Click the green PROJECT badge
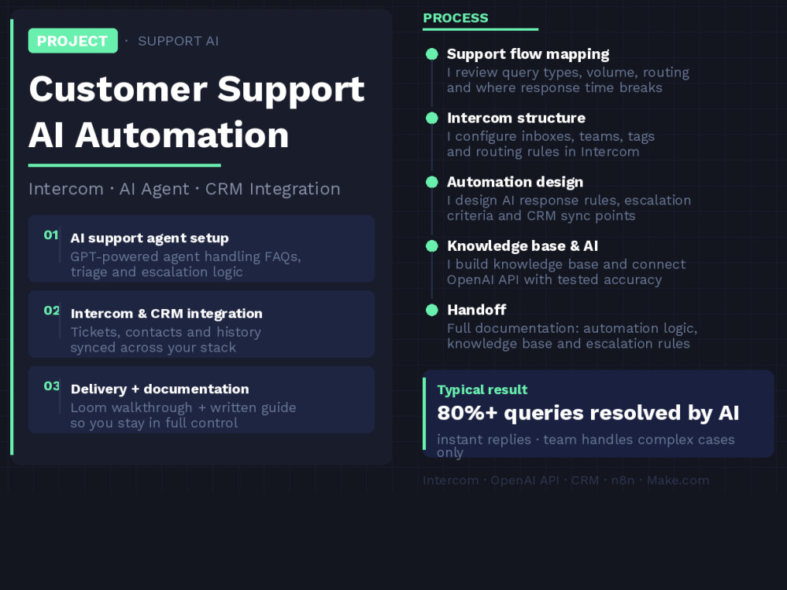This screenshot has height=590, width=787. [72, 41]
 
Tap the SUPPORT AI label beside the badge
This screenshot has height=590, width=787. [178, 41]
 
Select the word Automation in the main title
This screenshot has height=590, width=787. [182, 135]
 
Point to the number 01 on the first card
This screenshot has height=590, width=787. [50, 234]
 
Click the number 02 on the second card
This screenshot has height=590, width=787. [51, 311]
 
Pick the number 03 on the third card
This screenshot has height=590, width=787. [51, 385]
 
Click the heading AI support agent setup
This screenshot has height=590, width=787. [150, 238]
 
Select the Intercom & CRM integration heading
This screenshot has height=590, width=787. [166, 314]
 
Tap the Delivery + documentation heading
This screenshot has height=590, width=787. [160, 389]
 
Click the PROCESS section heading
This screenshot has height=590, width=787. [455, 18]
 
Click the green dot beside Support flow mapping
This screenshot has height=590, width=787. [431, 54]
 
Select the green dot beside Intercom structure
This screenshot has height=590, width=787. [431, 118]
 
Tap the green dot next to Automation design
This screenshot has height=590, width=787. [431, 183]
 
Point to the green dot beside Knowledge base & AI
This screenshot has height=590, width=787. [431, 245]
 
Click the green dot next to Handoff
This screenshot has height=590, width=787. [431, 310]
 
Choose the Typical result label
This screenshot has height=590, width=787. [482, 390]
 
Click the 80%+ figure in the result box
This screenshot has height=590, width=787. [467, 413]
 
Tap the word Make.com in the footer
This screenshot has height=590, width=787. [678, 480]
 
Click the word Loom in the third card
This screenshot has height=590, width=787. [88, 407]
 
